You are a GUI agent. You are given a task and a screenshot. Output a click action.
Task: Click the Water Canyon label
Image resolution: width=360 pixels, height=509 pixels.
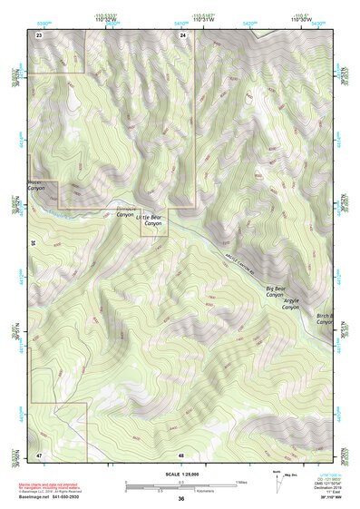coord(36,186)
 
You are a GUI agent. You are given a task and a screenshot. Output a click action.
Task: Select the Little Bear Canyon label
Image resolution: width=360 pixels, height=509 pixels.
coord(151,221)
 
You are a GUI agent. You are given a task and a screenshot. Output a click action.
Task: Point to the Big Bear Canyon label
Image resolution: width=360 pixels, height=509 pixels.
coord(276,292)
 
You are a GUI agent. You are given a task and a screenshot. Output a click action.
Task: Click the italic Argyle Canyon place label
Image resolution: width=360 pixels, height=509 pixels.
coord(291,304)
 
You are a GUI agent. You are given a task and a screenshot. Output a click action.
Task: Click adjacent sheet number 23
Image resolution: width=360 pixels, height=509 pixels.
coord(39,34)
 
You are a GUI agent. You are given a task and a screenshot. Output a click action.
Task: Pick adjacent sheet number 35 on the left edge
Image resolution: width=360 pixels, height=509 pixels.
coord(33,243)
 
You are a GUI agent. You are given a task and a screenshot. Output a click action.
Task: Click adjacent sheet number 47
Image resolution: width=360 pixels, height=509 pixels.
coord(39,453)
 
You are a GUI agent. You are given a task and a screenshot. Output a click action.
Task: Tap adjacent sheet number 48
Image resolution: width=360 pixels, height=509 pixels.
coord(181,453)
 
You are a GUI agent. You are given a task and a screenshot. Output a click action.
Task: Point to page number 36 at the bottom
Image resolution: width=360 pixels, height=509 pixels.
coord(181,498)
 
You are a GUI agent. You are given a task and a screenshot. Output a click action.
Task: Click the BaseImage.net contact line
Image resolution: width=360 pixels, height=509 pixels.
coord(50,496)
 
